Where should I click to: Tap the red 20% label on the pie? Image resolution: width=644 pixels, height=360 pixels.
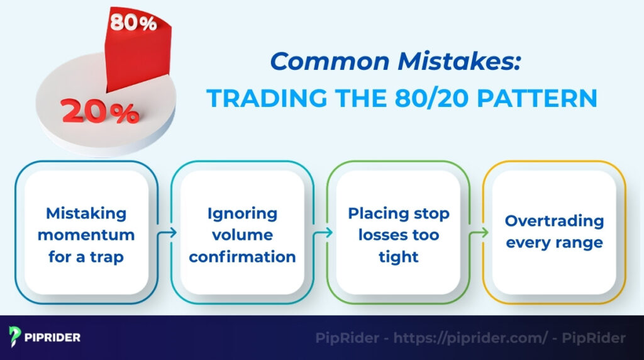pos(100,112)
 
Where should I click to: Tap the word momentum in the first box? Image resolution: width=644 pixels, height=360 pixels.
pos(86,235)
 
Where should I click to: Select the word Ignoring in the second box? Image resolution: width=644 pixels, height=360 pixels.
pos(242,213)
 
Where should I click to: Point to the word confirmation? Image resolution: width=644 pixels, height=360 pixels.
pos(242,256)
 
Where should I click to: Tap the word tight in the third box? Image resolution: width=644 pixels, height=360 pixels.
pos(399,256)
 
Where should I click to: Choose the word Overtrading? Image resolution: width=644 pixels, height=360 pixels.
pos(554,221)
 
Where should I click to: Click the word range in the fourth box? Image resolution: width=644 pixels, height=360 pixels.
pos(579,242)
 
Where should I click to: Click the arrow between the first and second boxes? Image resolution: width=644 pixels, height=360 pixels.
pos(167,233)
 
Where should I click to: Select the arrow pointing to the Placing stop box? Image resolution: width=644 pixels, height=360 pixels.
pos(323,233)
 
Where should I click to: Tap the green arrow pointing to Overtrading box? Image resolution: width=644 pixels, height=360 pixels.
pos(479,233)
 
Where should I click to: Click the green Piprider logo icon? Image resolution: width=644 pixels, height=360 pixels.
pos(15,337)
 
